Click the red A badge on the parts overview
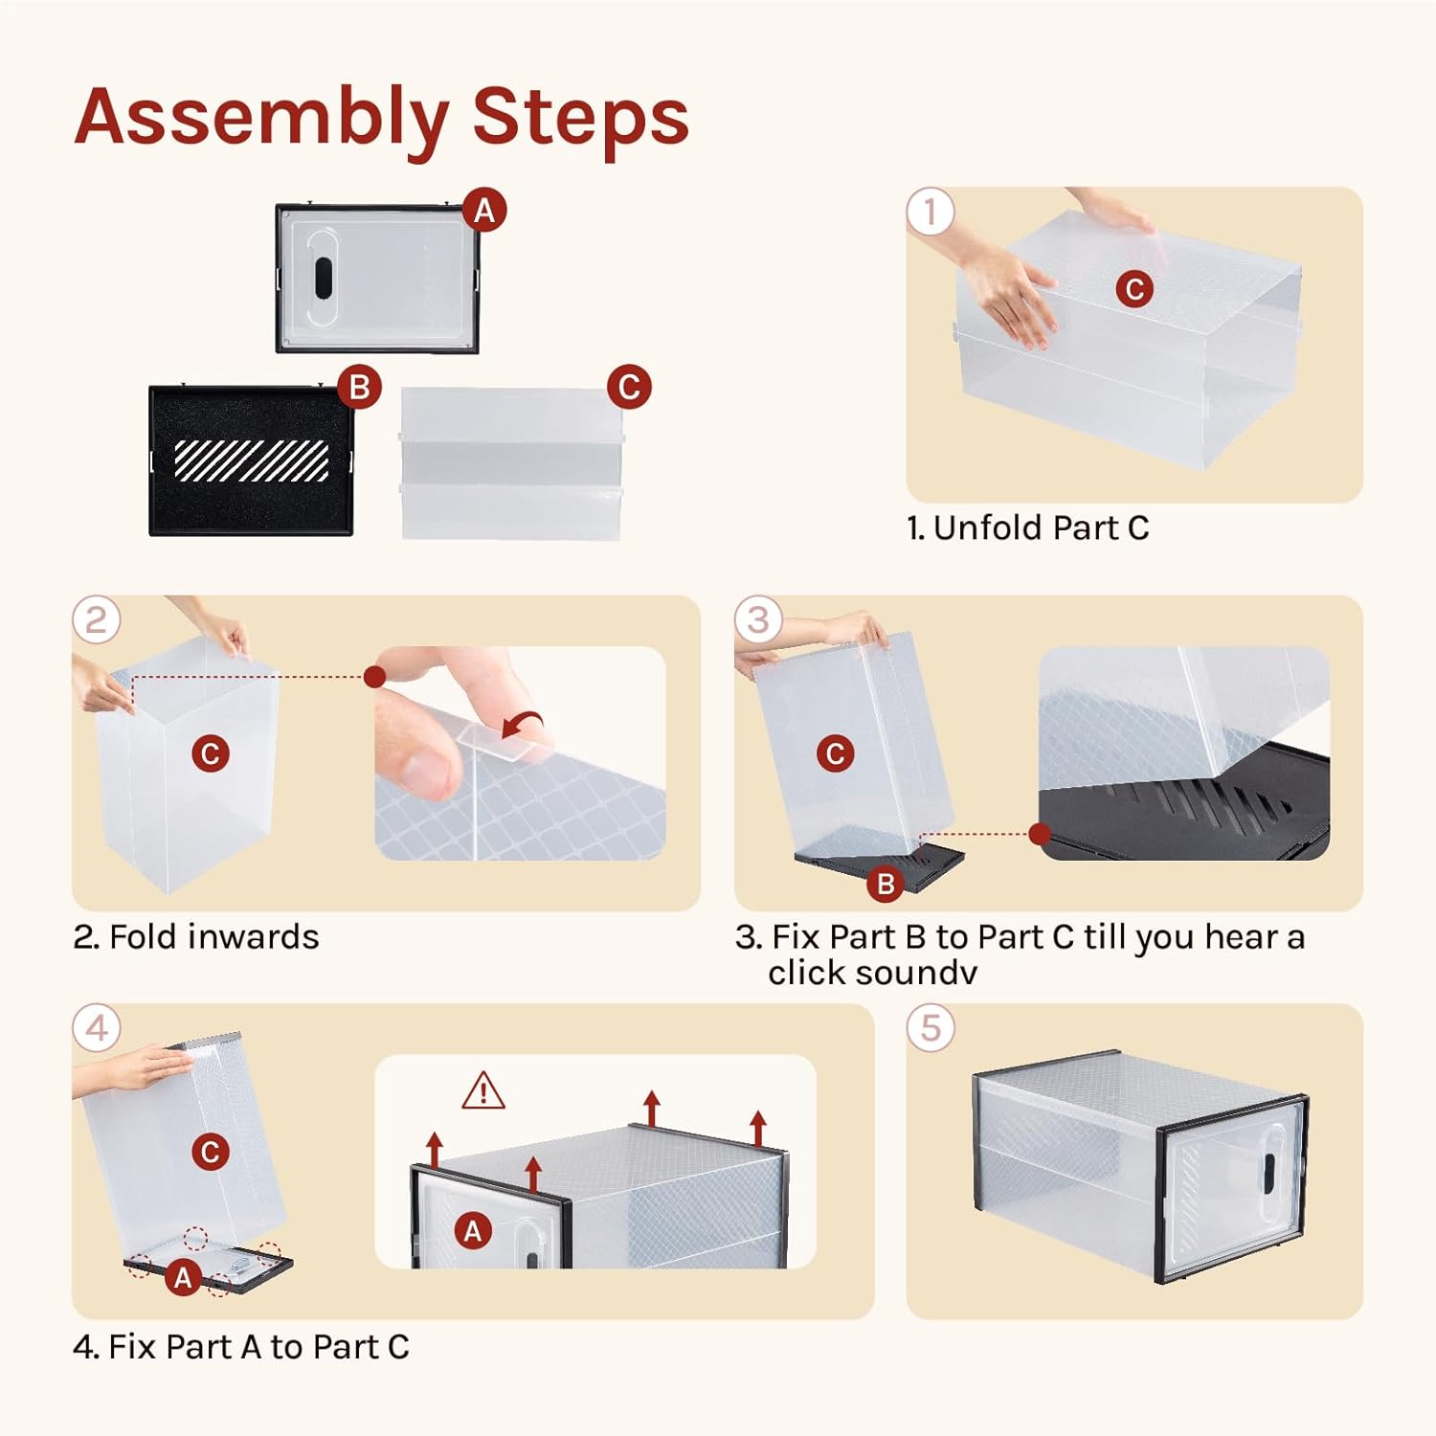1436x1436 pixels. point(484,210)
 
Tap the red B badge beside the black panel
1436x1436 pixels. point(360,387)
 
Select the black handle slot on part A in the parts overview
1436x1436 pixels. point(323,278)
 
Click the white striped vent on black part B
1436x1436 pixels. point(252,460)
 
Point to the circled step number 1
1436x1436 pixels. point(931,212)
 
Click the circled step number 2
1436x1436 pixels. point(97,619)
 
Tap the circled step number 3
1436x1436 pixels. point(758,619)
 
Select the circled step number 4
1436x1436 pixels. point(97,1028)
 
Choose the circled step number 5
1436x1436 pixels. point(931,1028)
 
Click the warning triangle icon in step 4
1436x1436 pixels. point(483,1090)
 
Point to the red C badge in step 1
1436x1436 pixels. point(1134,288)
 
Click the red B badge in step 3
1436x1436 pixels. point(886,884)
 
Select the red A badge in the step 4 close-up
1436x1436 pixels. point(473,1231)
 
